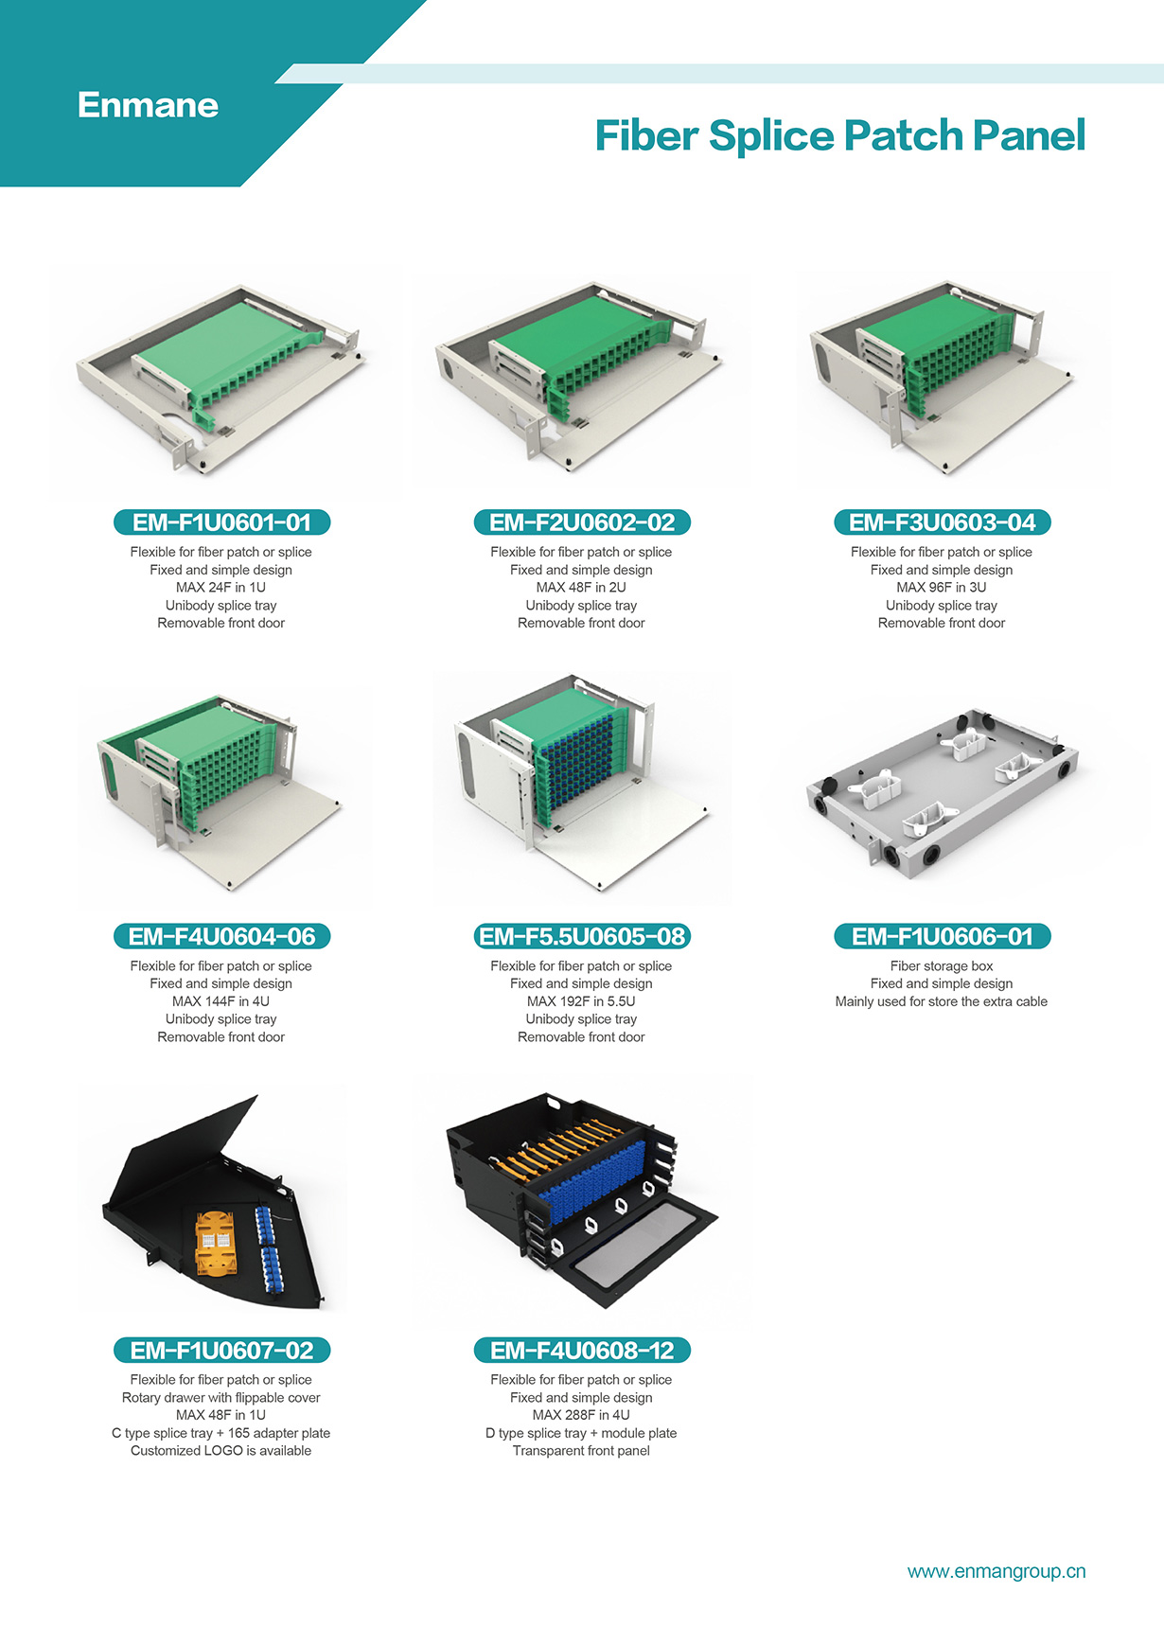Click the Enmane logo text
[148, 105]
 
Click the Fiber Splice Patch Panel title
[839, 135]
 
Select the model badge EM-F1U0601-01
[221, 522]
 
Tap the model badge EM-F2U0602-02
[582, 522]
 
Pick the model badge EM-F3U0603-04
[942, 522]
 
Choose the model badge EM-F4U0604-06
[221, 936]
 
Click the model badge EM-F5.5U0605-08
[582, 936]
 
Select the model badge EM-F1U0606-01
[942, 936]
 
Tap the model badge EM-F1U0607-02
[221, 1351]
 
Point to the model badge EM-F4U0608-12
[582, 1351]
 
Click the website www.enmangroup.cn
[996, 1571]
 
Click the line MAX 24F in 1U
[220, 587]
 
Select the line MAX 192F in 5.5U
[581, 1001]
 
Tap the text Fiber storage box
[942, 966]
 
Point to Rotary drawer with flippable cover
[220, 1398]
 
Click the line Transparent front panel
[581, 1451]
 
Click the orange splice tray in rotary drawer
[215, 1242]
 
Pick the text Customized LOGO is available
[220, 1451]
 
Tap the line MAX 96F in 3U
[942, 587]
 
